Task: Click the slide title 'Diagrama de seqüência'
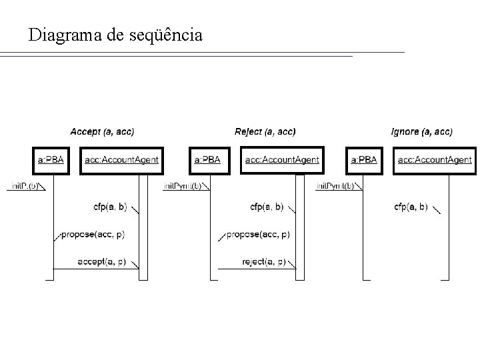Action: [115, 35]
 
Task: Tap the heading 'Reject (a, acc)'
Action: [265, 131]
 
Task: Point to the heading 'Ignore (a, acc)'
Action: [421, 131]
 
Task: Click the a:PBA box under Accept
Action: [51, 160]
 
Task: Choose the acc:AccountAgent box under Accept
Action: [121, 160]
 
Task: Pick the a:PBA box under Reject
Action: [207, 160]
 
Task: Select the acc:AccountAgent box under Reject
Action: [282, 160]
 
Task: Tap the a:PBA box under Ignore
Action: [364, 160]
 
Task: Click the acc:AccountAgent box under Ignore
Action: [435, 160]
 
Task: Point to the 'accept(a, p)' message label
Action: [102, 261]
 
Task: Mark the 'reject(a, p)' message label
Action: [264, 261]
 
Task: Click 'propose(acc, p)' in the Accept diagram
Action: [93, 235]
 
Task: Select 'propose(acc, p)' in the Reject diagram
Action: [258, 235]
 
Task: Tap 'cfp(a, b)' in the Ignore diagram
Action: [411, 207]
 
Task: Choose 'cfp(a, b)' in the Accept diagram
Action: [110, 207]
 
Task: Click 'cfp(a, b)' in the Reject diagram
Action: [267, 207]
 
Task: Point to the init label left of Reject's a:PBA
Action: [182, 186]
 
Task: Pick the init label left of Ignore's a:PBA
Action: [335, 186]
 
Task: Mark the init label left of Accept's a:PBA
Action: [25, 186]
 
